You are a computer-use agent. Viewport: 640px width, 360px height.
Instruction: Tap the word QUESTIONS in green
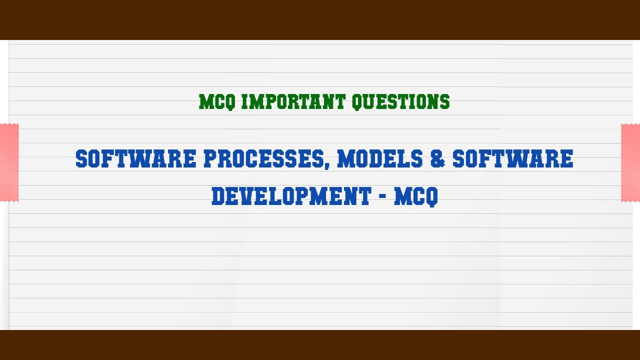tap(400, 102)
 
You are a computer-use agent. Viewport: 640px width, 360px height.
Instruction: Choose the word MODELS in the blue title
tap(380, 159)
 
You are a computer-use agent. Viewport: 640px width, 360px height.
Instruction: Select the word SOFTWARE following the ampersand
tap(513, 159)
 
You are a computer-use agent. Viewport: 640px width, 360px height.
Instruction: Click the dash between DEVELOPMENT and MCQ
tap(382, 197)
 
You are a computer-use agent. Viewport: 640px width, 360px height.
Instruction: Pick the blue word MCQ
tap(416, 196)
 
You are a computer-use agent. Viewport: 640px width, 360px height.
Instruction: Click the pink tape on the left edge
tap(9, 162)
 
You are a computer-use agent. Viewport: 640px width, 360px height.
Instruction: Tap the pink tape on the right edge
tap(630, 162)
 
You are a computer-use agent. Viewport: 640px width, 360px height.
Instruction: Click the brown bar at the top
tap(320, 19)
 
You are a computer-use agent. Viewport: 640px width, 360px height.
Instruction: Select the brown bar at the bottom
tap(320, 345)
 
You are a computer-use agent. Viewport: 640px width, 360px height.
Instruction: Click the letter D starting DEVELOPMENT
tap(218, 196)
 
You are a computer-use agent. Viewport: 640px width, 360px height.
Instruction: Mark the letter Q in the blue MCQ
tap(431, 196)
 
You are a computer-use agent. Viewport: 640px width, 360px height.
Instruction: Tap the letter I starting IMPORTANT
tap(244, 102)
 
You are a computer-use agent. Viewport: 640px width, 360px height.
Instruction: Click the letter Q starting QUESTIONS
tap(357, 102)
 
